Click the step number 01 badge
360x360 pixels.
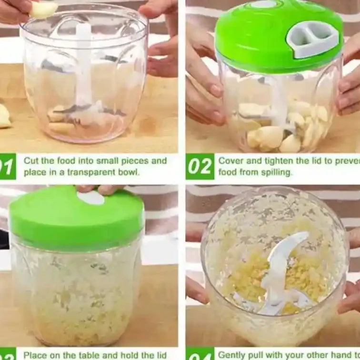(x=7, y=166)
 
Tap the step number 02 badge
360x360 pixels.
(x=200, y=166)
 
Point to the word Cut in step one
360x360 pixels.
(x=31, y=160)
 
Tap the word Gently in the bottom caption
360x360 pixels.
(x=232, y=354)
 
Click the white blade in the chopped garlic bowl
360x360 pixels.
(x=281, y=267)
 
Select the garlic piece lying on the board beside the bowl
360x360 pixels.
(x=4, y=117)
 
